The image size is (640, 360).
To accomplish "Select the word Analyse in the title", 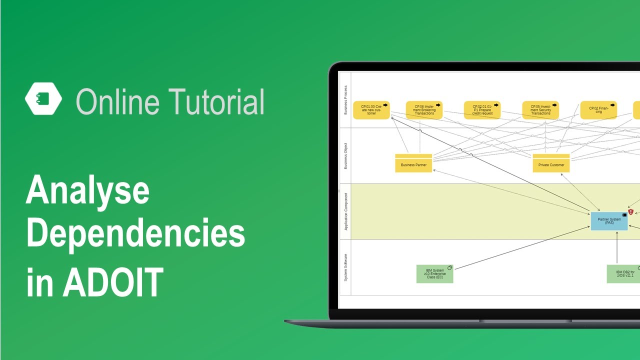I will (x=87, y=191).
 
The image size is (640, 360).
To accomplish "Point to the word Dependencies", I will (x=135, y=234).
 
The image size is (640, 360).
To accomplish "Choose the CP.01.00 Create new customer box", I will (x=371, y=110).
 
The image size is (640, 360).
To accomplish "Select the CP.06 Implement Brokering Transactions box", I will (x=424, y=110).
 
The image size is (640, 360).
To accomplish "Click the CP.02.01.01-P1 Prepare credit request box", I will (x=482, y=110).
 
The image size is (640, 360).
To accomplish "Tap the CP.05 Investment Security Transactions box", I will (x=540, y=110).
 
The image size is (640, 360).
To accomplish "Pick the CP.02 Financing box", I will (x=598, y=110).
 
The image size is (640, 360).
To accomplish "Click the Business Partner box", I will (x=413, y=163).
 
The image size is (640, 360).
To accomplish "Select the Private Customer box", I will (x=551, y=163).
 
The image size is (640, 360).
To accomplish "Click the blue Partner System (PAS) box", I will (x=609, y=221).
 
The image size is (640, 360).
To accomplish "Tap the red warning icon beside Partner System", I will (x=631, y=212).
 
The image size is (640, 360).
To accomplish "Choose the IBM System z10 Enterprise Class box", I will (x=434, y=274).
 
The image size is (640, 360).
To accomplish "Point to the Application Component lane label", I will (x=345, y=211).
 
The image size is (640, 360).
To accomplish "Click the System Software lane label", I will (x=345, y=267).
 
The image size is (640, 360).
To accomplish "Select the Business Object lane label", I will (x=345, y=156).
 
